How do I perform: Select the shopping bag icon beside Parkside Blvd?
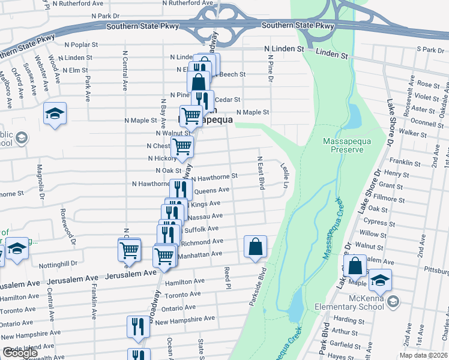click(255, 246)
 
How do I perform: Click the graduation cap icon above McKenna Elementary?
click(380, 280)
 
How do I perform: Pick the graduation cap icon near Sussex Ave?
click(55, 113)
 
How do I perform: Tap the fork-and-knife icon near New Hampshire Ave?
click(138, 326)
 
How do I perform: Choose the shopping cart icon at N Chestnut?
click(182, 145)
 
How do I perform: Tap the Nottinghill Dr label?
click(58, 263)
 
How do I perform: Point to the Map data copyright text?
click(423, 355)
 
